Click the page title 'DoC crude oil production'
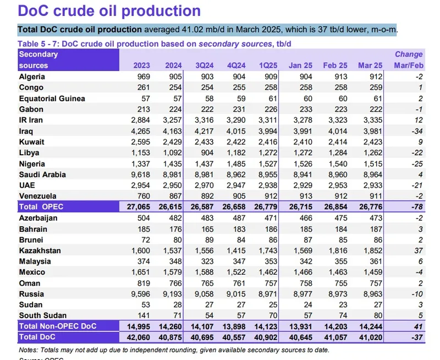pos(109,10)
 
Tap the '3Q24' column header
pos(205,66)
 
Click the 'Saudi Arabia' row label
pos(42,174)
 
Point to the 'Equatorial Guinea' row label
pos(52,99)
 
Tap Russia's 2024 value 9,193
pos(172,294)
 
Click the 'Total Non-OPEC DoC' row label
pos(58,326)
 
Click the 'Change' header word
pos(409,54)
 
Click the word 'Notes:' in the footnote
pos(29,349)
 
